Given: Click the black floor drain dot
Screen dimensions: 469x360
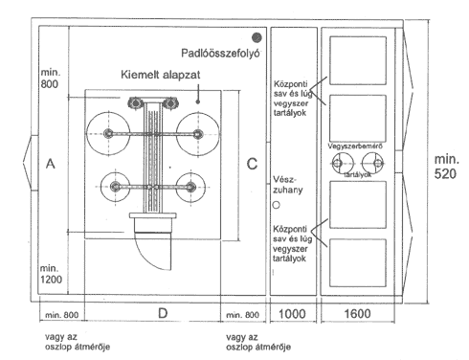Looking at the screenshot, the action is (257, 37).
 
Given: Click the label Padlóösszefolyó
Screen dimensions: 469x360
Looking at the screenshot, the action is (220, 53).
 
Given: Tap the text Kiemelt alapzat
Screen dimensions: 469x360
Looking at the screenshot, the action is (161, 75).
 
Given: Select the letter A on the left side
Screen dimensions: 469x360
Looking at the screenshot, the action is (51, 164).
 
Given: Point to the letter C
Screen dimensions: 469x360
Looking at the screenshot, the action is (252, 164).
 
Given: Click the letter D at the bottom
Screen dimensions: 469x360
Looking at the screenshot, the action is (163, 313).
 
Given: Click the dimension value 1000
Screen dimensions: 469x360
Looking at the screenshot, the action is (292, 314).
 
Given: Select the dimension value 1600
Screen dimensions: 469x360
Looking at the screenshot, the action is (357, 314).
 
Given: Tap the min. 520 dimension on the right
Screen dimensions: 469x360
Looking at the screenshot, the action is (446, 167).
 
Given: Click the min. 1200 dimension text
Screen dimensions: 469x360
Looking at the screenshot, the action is (51, 274).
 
